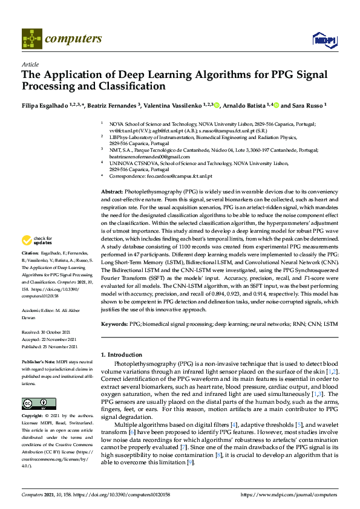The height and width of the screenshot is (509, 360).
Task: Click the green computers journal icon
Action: [x=31, y=39]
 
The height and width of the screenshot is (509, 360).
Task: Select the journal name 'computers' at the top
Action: [x=73, y=39]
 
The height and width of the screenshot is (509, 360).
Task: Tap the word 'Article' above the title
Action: [x=30, y=64]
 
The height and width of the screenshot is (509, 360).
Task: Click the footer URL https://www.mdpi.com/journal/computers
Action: [x=290, y=495]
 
